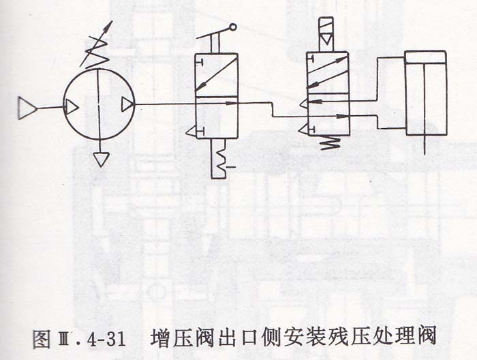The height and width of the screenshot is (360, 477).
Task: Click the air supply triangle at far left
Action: coord(27,108)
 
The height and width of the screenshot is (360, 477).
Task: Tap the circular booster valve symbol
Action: coord(99,104)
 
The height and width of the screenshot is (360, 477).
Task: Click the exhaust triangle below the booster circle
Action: coord(101,160)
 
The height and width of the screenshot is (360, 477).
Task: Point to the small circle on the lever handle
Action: coord(233,27)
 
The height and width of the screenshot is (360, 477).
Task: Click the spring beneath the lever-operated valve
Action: coord(223,158)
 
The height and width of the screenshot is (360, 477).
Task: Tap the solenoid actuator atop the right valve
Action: coord(326,34)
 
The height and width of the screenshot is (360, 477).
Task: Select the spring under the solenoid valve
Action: coord(330,142)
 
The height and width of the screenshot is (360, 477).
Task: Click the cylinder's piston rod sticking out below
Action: coord(425,145)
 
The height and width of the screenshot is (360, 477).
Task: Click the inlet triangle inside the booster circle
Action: coord(72,107)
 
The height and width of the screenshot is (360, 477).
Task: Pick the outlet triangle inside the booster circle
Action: coord(127,104)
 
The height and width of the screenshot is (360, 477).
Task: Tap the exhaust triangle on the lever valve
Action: coord(191,132)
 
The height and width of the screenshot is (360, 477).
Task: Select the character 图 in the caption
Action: coord(42,338)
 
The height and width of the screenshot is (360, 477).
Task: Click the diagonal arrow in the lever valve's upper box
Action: coord(216,73)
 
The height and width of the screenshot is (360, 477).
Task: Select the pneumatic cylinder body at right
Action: coord(426,93)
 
